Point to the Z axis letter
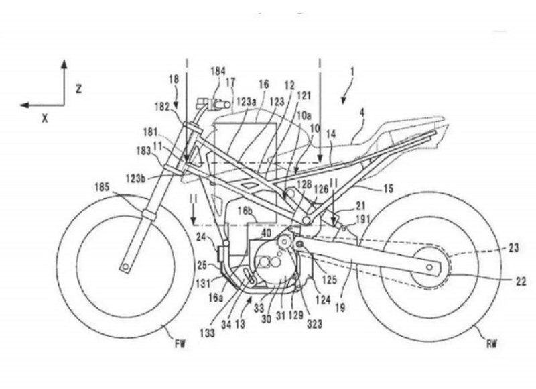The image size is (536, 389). coord(78,89)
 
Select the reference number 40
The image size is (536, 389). coord(267,233)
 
